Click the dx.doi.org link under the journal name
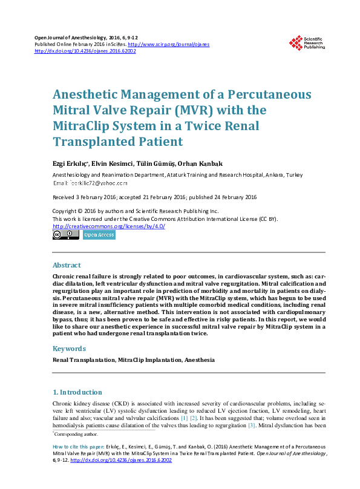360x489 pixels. tap(85, 51)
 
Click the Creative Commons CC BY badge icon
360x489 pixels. tap(65, 235)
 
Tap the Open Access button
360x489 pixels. tap(99, 235)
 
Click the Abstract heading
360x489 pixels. tap(67, 265)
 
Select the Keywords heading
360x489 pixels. tap(69, 349)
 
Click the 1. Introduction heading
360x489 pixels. tap(77, 392)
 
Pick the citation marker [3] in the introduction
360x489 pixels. tap(252, 426)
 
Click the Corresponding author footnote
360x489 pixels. tap(76, 434)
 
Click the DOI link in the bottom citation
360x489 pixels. tap(122, 461)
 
